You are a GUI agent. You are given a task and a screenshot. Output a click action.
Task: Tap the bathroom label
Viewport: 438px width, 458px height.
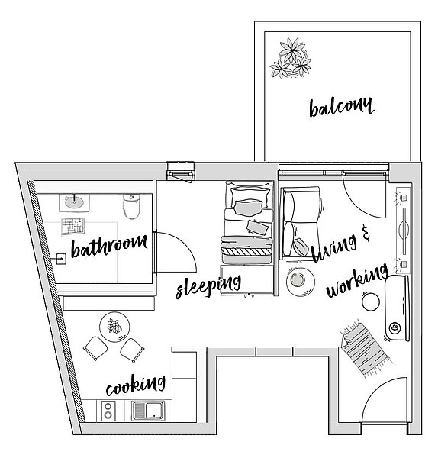(109, 247)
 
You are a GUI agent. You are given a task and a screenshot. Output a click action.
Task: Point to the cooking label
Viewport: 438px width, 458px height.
(136, 385)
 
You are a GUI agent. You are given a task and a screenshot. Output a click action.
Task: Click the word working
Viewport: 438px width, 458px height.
(357, 281)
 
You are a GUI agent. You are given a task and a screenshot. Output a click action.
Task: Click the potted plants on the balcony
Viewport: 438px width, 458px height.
(290, 59)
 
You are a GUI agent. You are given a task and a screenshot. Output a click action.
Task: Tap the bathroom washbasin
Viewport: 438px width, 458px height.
(74, 202)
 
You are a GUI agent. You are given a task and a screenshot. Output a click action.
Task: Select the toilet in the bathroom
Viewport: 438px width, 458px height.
(131, 206)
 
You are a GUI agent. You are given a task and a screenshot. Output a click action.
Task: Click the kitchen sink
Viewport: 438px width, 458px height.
(148, 411)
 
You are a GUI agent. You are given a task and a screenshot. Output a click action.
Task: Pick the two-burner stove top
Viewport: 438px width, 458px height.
(108, 411)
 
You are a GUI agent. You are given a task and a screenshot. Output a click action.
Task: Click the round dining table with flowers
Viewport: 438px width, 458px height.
(114, 327)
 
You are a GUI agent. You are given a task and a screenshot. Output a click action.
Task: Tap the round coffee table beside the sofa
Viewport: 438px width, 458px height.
(300, 281)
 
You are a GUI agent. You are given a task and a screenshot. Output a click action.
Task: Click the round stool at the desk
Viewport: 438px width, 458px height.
(371, 302)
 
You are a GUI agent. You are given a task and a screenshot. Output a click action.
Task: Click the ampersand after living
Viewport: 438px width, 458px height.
(366, 233)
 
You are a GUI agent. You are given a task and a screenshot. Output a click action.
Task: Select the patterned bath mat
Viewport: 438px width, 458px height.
(73, 226)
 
